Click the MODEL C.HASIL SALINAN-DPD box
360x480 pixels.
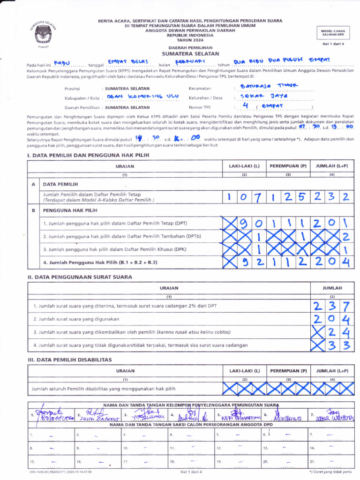332,32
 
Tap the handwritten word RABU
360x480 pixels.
65,62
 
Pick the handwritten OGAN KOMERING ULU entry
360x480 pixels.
143,97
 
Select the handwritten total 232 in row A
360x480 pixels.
331,197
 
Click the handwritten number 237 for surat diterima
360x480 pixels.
331,306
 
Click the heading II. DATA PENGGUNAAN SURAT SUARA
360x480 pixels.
80,277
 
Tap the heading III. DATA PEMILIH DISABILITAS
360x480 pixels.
70,360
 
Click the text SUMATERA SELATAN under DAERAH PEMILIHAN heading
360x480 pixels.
187,54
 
